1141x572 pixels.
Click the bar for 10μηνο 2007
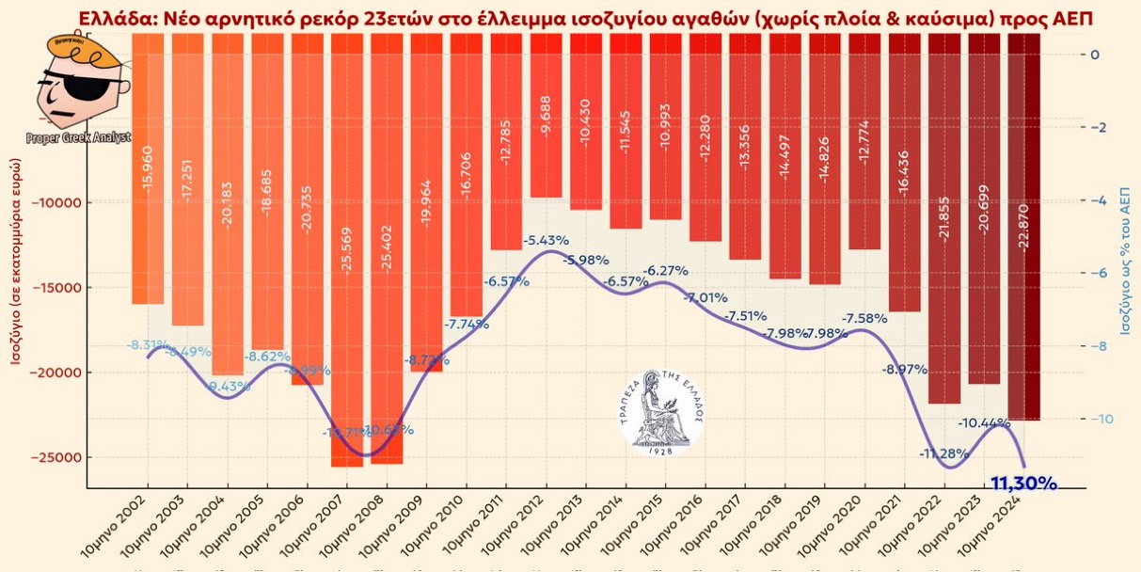[347, 282]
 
